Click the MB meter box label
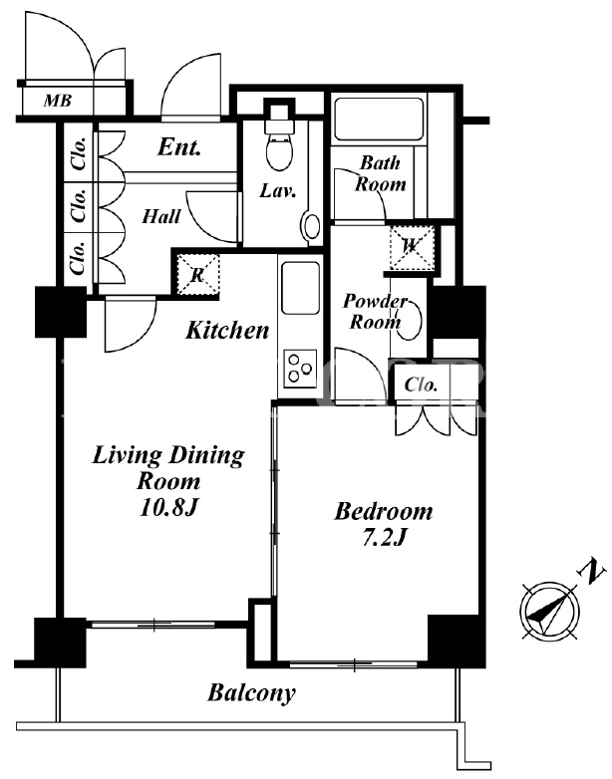click(58, 101)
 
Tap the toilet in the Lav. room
click(279, 141)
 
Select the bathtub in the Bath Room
click(379, 120)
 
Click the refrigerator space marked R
click(198, 274)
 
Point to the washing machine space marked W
click(412, 247)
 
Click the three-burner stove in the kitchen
click(300, 369)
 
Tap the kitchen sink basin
click(300, 288)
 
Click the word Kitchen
click(227, 330)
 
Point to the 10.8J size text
click(169, 508)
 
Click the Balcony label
click(251, 692)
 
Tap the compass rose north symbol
click(549, 610)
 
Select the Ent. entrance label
click(179, 147)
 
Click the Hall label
click(161, 216)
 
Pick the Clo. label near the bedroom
click(421, 385)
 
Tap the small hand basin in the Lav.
click(312, 226)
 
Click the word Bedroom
click(384, 511)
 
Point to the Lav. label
click(278, 191)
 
